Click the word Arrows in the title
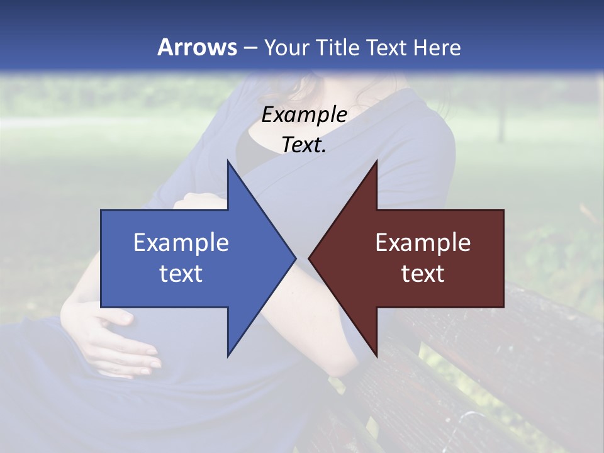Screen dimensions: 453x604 coord(198,47)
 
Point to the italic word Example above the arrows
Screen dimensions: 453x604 coord(304,115)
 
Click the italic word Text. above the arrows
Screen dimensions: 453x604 coord(304,145)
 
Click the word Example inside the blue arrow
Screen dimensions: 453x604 coord(181,243)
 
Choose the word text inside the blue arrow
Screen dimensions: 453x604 coord(181,273)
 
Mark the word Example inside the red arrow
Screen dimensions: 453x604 coord(423,243)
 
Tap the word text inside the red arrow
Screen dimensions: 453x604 coord(423,273)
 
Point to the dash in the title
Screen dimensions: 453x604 coord(250,48)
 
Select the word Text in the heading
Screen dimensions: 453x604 coord(386,47)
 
